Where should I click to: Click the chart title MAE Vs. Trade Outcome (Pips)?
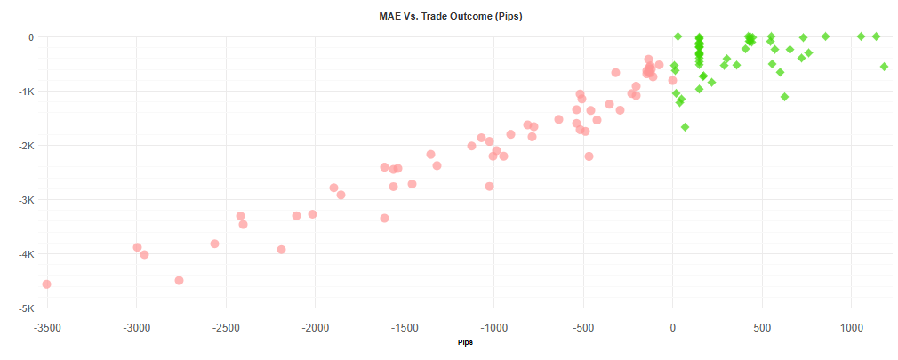(x=448, y=16)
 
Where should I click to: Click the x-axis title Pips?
(x=465, y=342)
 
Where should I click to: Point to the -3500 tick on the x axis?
(x=46, y=327)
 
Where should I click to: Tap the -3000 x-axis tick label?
(x=136, y=327)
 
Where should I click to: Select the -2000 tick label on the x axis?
(x=315, y=327)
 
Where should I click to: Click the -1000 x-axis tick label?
(x=493, y=327)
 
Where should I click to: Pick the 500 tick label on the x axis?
(x=762, y=327)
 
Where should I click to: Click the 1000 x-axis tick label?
(x=852, y=327)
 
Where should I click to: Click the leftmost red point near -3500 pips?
(x=46, y=284)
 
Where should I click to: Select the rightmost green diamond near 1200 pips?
(x=884, y=67)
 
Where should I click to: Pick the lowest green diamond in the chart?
(x=685, y=127)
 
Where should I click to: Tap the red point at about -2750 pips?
(x=179, y=280)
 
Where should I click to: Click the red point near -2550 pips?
(x=214, y=244)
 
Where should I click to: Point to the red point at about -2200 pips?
(x=281, y=250)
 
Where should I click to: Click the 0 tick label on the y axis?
(x=29, y=37)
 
